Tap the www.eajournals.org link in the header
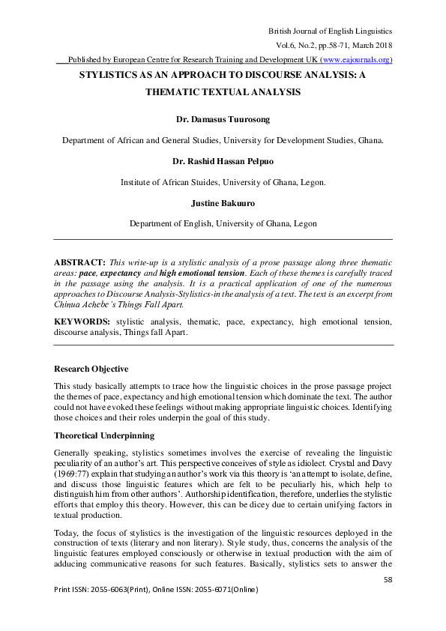coord(355,60)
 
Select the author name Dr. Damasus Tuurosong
coord(223,118)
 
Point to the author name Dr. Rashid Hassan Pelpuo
coord(223,160)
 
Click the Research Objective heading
coord(91,369)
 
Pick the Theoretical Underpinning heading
coord(104,435)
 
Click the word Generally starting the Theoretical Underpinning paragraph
coord(73,453)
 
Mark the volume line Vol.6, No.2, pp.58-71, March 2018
coord(330,45)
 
